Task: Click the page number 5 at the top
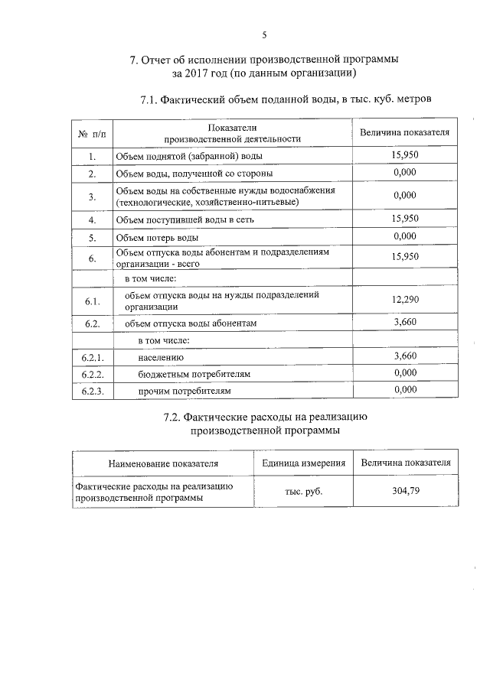coord(264,34)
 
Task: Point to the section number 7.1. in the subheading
coord(152,99)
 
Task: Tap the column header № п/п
coord(92,134)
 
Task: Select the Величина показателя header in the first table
coord(404,133)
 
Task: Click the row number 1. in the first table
coord(92,157)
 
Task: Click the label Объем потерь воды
coord(157,236)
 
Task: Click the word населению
coord(162,357)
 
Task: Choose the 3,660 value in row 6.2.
coord(404,322)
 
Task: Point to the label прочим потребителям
coord(184,391)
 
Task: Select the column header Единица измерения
coord(303,463)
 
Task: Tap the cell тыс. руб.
coord(303,491)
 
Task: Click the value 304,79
coord(405,491)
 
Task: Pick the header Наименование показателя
coord(163,463)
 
